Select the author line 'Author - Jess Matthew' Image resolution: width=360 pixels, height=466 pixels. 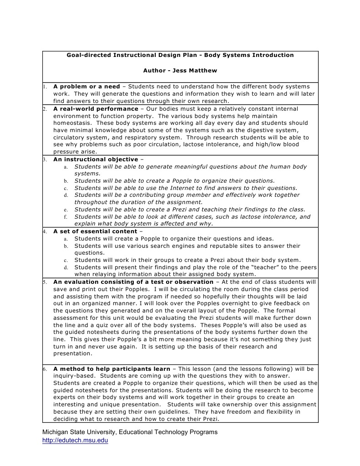tap(180, 71)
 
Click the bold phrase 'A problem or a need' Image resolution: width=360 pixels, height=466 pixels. tap(86, 87)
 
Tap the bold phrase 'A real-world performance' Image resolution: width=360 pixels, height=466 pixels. tap(96, 109)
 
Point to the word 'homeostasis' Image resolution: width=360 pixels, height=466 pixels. tap(72, 123)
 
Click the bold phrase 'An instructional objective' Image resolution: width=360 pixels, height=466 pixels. tap(96, 159)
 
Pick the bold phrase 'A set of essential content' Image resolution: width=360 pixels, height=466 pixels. tap(95, 231)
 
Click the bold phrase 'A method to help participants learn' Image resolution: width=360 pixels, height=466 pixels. tap(112, 369)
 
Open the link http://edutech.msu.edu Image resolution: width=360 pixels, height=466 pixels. tap(75, 440)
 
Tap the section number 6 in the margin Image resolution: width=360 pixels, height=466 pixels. tap(45, 369)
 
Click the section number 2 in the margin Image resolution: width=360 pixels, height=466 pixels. tap(45, 109)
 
